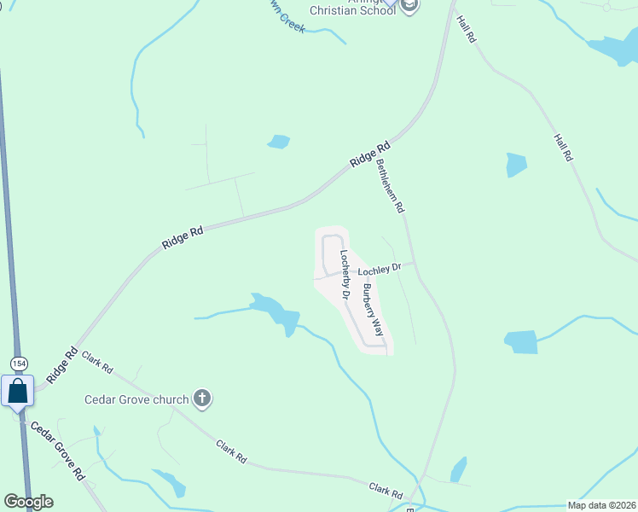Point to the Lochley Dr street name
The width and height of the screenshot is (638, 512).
380,270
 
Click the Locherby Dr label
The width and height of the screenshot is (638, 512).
345,274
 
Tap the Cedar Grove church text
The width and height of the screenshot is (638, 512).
136,399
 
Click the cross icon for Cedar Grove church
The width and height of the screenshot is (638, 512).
202,398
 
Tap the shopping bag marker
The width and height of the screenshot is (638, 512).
18,392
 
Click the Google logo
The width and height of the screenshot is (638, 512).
28,502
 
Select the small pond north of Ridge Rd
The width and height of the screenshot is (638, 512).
279,142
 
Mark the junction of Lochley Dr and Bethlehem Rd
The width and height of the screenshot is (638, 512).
414,264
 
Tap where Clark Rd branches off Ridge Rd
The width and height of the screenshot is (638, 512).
79,352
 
